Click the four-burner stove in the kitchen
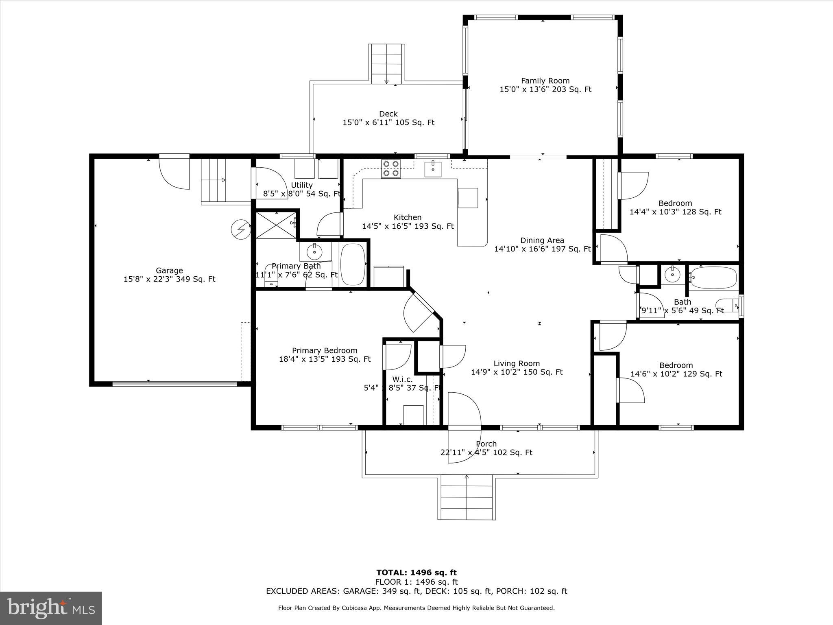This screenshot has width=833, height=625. (391, 168)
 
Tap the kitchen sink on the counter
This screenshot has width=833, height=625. (433, 169)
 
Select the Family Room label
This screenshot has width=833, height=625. (545, 81)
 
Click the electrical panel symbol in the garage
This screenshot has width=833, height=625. (240, 229)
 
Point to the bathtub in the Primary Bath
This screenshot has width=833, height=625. (353, 264)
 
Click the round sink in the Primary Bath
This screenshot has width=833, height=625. (314, 252)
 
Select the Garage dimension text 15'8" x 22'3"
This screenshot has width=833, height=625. (169, 279)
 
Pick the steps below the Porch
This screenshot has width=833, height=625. (467, 497)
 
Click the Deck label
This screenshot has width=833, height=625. (388, 114)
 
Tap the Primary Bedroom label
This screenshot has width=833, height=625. (325, 351)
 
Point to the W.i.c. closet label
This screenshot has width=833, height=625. (402, 379)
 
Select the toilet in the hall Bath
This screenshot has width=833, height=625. (728, 305)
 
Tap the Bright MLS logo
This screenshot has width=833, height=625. (51, 608)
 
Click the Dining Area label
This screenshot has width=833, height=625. (542, 240)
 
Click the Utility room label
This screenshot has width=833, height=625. (302, 185)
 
